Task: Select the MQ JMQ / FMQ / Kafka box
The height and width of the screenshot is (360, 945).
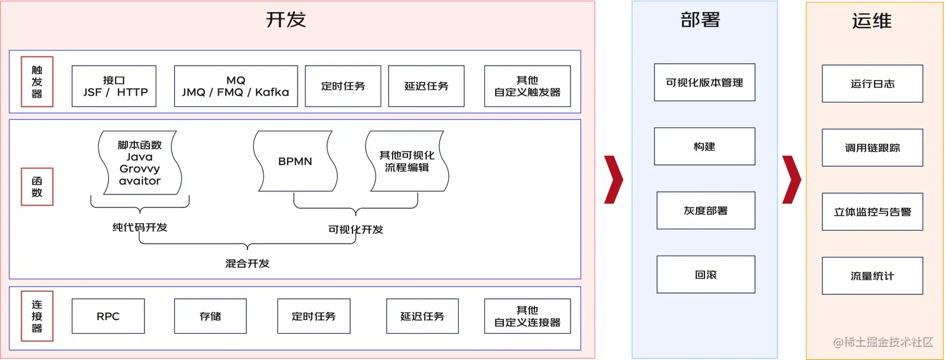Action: [236, 86]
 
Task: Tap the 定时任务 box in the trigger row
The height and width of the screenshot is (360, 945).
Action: [343, 86]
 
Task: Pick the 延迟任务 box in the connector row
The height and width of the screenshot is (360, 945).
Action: [422, 316]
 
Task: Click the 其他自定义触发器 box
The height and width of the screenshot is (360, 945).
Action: [527, 86]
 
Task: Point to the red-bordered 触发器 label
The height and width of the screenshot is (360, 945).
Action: [37, 82]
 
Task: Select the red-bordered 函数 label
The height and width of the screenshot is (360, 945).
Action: [37, 186]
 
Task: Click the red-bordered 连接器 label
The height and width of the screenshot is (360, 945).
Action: [37, 316]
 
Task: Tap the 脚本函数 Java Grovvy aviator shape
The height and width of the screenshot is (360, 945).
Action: [139, 162]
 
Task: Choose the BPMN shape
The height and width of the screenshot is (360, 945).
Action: [295, 161]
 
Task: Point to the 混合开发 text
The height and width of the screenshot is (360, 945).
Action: [247, 263]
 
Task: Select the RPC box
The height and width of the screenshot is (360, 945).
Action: [108, 316]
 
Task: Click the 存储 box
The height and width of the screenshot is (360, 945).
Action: [210, 316]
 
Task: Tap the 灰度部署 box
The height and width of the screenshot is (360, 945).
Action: [706, 211]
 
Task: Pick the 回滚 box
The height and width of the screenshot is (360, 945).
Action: [706, 275]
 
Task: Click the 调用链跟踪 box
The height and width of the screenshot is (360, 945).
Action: [872, 148]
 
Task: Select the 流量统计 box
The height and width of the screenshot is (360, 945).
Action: [872, 276]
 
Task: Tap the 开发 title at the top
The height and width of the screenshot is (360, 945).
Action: [286, 20]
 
